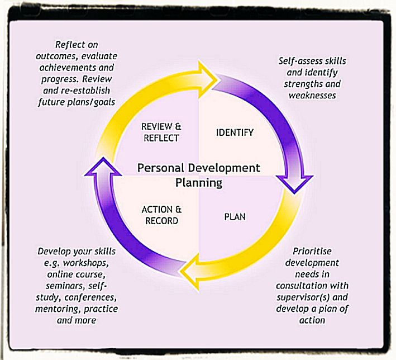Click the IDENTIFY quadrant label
(235, 132)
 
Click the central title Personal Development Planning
(198, 175)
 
